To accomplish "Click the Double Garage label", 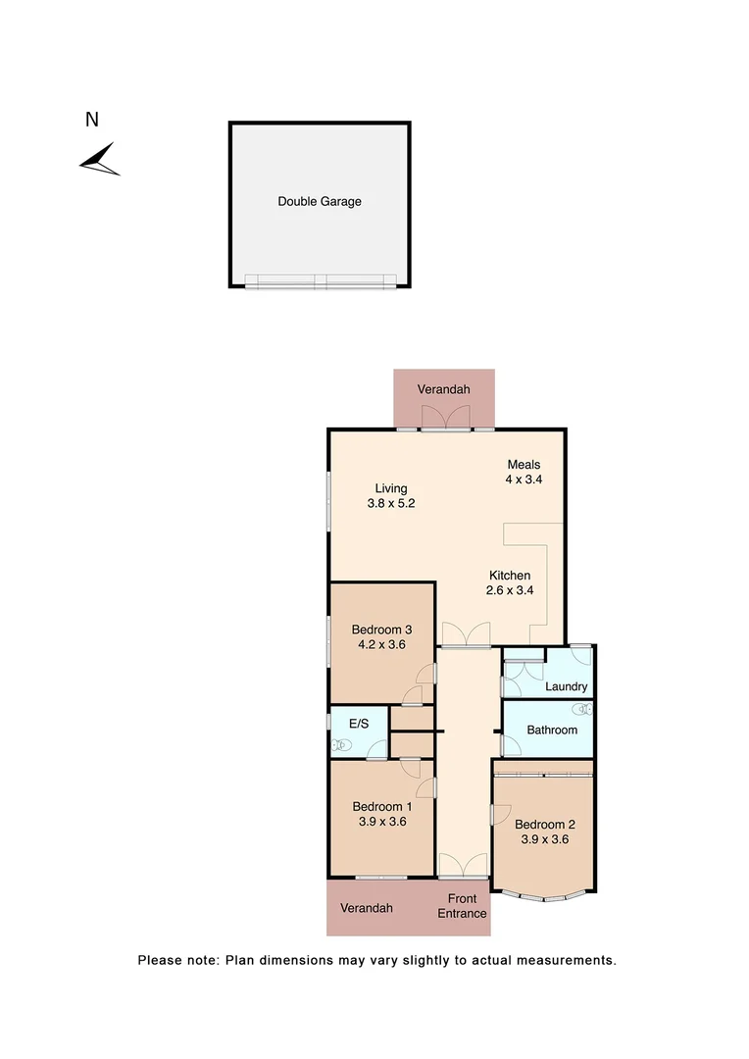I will click(x=320, y=202).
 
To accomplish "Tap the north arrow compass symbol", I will click(x=100, y=160).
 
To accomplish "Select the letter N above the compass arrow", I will click(x=92, y=121).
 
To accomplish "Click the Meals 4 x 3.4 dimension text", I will click(x=524, y=473).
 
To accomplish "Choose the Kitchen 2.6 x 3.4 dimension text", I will click(x=510, y=582).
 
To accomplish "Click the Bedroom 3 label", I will click(x=381, y=637).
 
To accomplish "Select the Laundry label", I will click(x=566, y=687).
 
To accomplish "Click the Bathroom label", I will click(x=552, y=731).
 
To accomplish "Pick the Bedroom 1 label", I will click(x=380, y=815).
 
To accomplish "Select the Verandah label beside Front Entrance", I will click(x=367, y=908).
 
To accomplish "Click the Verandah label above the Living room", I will click(x=443, y=389).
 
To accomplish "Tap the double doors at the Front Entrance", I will click(x=462, y=866).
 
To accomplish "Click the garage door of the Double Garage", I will click(x=321, y=280).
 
